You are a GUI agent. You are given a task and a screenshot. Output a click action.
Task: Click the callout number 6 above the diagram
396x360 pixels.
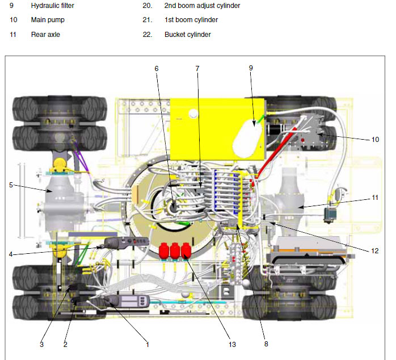pos(157,69)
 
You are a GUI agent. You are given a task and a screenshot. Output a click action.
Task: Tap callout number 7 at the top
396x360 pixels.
pos(197,69)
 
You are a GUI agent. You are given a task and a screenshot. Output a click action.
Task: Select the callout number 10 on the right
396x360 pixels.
pos(375,140)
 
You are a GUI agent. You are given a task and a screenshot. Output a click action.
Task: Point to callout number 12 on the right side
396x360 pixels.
pos(375,251)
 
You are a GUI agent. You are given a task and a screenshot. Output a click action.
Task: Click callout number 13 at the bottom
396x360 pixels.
pos(232,344)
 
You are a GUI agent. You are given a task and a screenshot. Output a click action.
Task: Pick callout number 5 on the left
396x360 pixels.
pos(11,185)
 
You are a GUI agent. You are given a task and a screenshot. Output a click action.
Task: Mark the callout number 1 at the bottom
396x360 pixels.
pos(148,344)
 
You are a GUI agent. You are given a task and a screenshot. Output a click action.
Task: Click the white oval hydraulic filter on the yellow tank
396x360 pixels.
pos(247,138)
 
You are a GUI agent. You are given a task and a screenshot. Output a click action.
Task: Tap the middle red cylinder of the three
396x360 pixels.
pos(175,250)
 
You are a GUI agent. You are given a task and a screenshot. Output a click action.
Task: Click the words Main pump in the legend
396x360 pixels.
pos(48,20)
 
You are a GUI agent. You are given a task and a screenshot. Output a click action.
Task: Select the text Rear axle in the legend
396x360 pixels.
pos(45,35)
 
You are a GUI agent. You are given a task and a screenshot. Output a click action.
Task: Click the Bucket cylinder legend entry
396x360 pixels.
pos(188,35)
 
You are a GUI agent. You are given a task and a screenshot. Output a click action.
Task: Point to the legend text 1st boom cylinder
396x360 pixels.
pos(191,20)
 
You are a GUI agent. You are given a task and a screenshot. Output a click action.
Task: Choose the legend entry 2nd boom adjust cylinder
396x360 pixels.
pos(203,6)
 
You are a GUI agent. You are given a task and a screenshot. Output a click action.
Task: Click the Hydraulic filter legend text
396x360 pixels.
pos(53,6)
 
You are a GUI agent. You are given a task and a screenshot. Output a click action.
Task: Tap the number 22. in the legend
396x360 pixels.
pos(148,35)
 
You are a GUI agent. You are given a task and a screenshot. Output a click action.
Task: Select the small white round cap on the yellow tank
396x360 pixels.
pos(193,113)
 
